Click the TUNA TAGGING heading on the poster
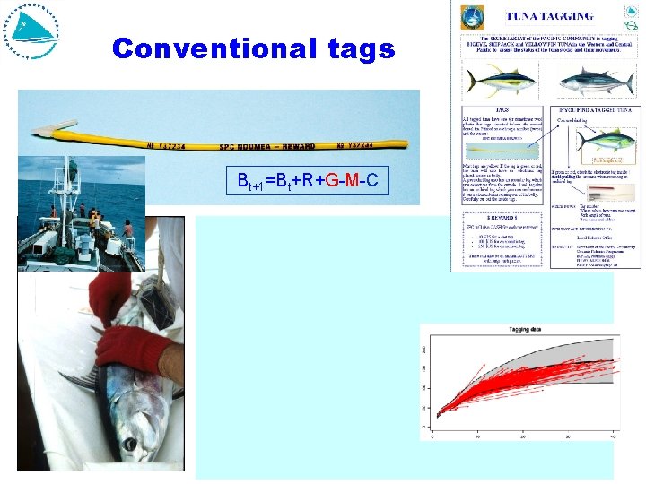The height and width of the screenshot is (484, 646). click(x=549, y=15)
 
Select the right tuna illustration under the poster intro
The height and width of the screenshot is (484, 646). click(x=590, y=82)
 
